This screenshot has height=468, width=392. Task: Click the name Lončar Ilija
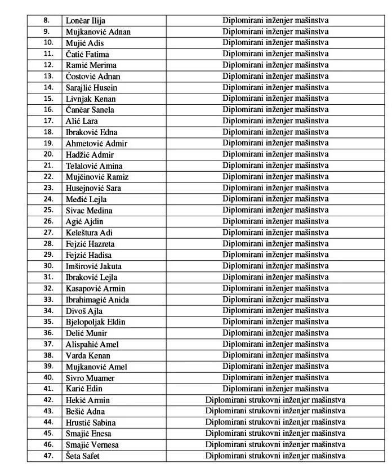pos(86,21)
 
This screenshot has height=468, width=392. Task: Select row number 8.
pos(46,21)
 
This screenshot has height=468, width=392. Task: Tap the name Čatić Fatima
pos(87,54)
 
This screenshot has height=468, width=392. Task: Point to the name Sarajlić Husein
pos(92,88)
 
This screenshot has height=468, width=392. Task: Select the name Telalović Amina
pos(94,166)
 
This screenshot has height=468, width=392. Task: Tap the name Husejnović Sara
pos(93,188)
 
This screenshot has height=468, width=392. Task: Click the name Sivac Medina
pos(89,210)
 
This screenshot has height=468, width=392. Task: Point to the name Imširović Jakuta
pos(93,266)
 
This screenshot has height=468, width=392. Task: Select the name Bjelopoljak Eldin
pos(95,322)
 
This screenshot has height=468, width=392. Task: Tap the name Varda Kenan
pos(88,355)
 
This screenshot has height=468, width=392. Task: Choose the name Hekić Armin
pos(88,400)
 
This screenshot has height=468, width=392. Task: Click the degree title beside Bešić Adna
pos(275,411)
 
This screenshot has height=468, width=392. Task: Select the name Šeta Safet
pos(83,456)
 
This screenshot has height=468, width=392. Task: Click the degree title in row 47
pos(275,456)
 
